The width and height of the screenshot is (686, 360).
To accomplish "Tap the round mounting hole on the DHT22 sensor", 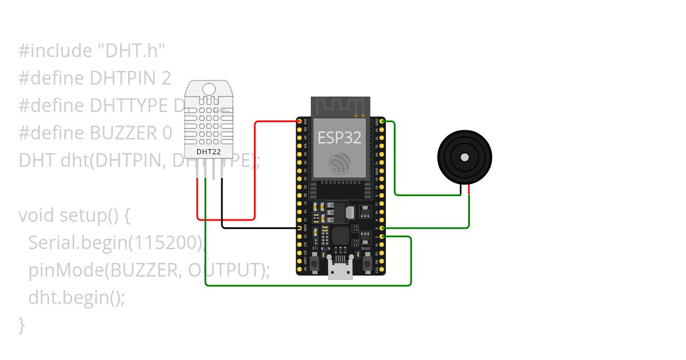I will point(209,89).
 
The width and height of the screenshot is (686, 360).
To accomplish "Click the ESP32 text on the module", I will point(340,137).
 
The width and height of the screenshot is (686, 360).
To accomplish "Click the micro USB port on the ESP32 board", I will point(340,271).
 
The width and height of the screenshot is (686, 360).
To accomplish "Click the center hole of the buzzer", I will point(465,157).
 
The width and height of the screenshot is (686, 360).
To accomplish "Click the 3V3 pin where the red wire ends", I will point(299,122).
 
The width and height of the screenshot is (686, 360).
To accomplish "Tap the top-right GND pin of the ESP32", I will point(381,122).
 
